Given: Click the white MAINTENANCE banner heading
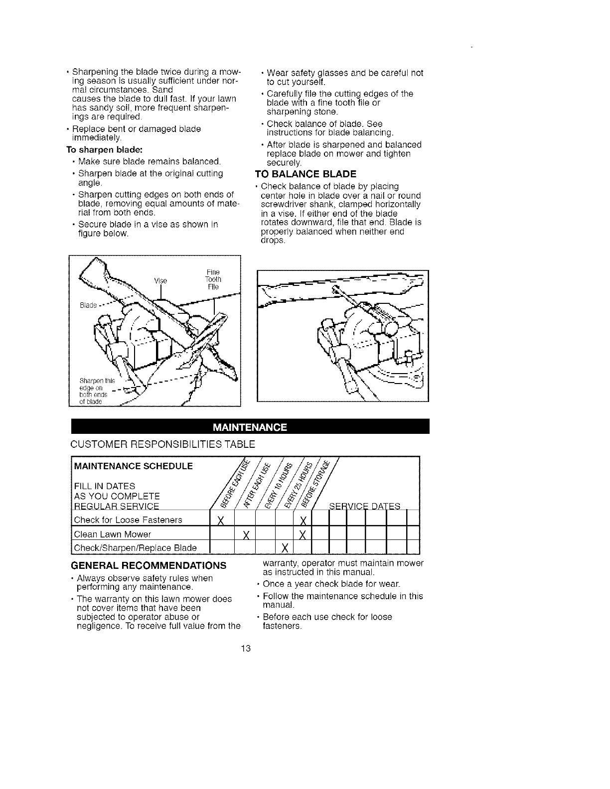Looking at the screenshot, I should click(x=250, y=427).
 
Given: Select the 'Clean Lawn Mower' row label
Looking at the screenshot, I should click(x=112, y=534).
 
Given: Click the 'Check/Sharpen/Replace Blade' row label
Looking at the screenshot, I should click(x=135, y=548).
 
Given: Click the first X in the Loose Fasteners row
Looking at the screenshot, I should click(x=220, y=521).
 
